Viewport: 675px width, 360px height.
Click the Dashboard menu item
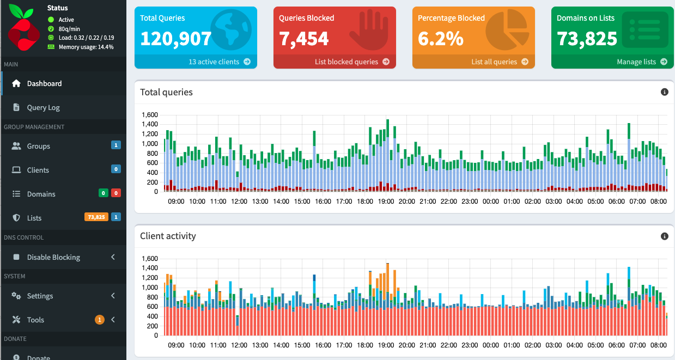(x=44, y=83)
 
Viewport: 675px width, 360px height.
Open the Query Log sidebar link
(x=43, y=107)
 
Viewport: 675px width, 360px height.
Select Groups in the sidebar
(x=38, y=146)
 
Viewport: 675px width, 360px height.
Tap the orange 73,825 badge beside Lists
(x=96, y=217)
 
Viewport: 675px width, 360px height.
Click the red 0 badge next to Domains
(x=115, y=193)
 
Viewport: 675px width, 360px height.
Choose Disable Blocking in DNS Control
(x=53, y=257)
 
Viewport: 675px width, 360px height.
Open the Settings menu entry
(x=40, y=296)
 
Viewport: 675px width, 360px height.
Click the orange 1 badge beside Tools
(x=99, y=320)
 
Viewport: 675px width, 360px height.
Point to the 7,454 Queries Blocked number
(x=304, y=39)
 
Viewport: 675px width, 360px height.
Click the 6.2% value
(x=441, y=39)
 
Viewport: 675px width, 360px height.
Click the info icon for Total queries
(x=664, y=92)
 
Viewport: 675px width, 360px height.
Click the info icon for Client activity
(x=664, y=236)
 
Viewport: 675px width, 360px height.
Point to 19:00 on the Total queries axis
(x=386, y=201)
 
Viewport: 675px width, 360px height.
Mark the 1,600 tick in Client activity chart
(x=149, y=259)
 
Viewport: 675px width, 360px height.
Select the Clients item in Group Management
(x=38, y=170)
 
